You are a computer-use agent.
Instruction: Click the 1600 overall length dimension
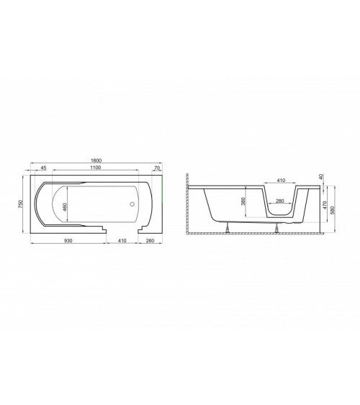click(96, 160)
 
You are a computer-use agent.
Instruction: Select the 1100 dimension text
click(95, 168)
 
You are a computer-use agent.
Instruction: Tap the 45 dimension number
click(43, 168)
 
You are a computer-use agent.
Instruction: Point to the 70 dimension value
click(157, 168)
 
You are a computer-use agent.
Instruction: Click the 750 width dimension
click(21, 204)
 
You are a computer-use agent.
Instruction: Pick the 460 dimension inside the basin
click(65, 207)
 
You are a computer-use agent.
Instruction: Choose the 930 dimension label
click(68, 241)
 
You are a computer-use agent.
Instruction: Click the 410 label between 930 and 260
click(122, 241)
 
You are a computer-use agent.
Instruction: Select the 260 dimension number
click(150, 241)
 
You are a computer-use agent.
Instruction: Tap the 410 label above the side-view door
click(281, 181)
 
